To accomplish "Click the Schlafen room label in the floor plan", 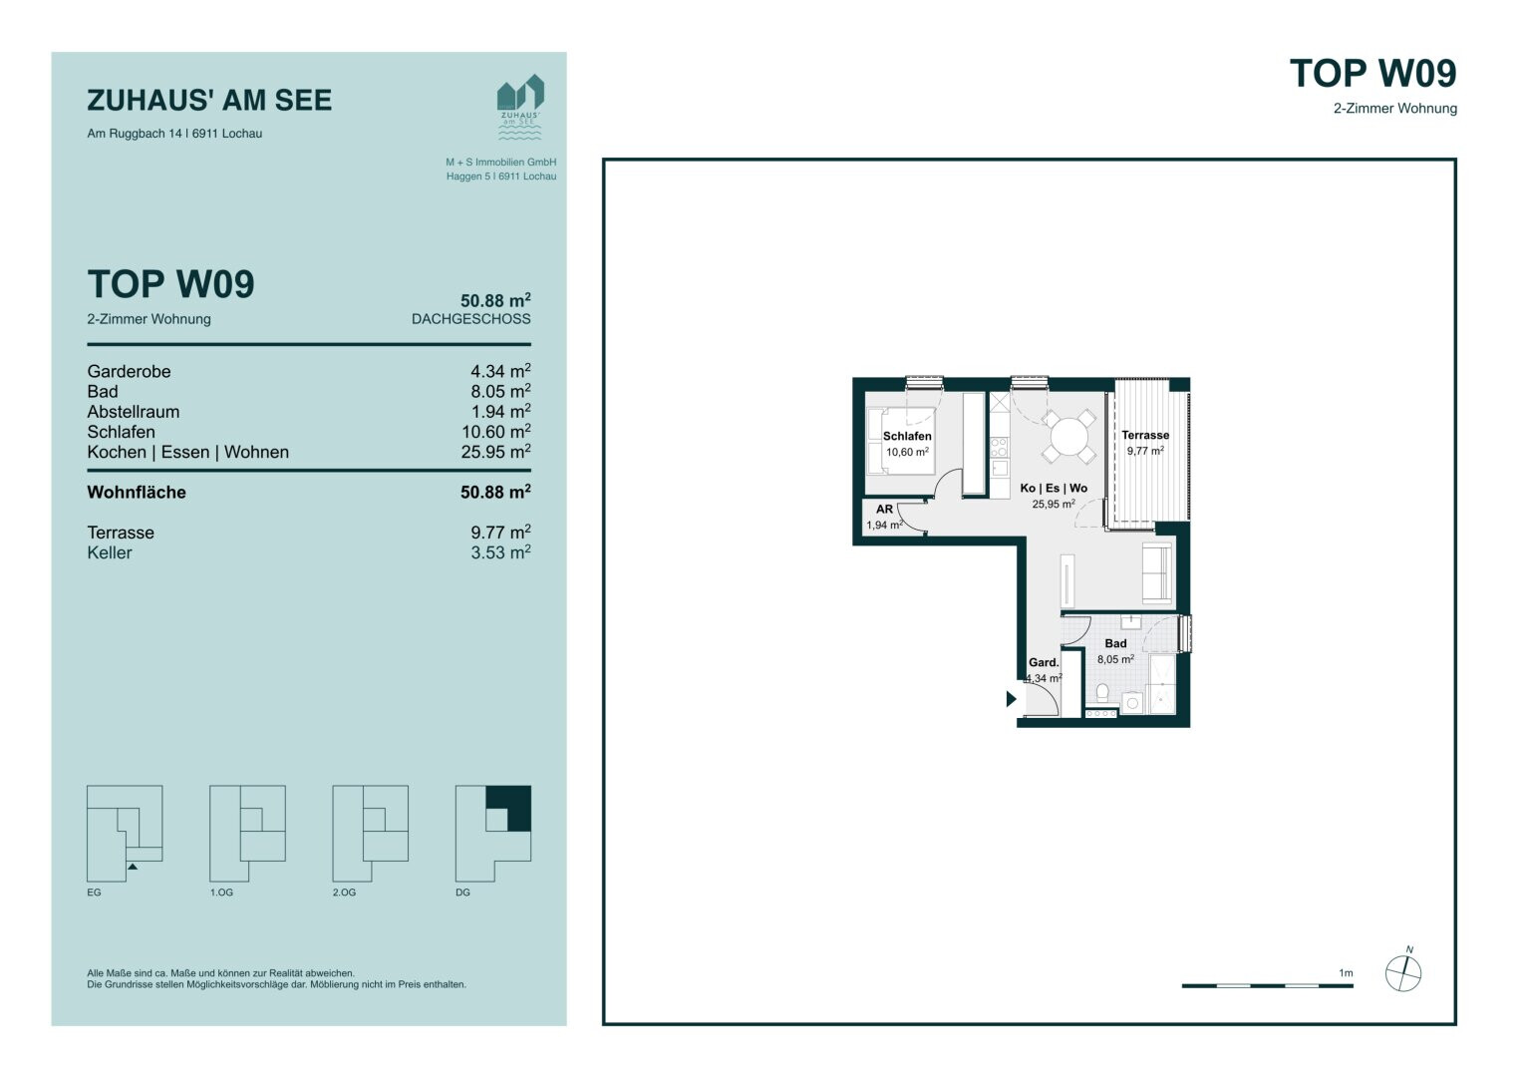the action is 906,437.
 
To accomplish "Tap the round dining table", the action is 1068,436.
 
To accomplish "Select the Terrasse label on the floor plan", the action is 1145,435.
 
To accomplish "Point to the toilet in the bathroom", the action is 1102,693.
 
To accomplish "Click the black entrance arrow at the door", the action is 1011,698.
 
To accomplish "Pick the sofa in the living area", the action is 1157,572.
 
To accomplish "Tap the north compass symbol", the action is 1403,972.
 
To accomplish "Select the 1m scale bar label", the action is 1346,973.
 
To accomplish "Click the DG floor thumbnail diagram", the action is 492,834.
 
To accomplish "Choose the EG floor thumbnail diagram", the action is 125,834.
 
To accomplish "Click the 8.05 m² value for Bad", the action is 500,392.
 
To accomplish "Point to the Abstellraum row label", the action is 134,412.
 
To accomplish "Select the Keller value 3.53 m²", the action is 500,552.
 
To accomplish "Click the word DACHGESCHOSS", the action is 470,319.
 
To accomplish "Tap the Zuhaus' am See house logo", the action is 520,107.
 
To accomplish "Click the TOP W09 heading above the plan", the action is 1372,74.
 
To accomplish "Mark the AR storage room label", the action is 884,510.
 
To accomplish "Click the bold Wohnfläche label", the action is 137,493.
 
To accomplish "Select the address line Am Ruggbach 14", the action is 174,134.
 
